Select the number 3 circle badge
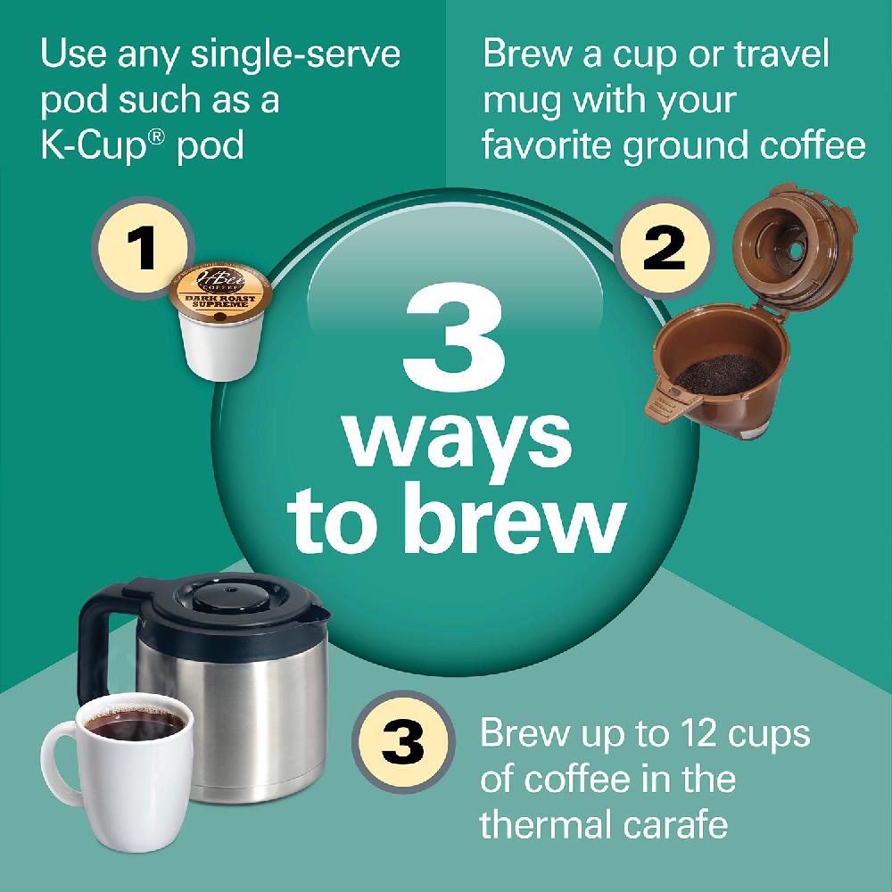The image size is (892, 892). click(403, 739)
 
